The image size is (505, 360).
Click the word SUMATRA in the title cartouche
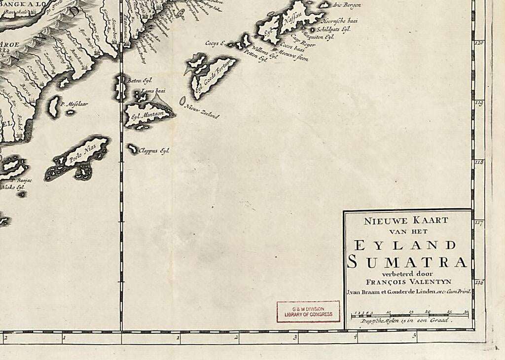pyautogui.click(x=407, y=262)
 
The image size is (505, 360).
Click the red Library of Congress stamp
pyautogui.click(x=308, y=311)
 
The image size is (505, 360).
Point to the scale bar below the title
pyautogui.click(x=409, y=314)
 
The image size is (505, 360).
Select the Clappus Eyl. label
pyautogui.click(x=154, y=150)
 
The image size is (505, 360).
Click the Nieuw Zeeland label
pyautogui.click(x=202, y=112)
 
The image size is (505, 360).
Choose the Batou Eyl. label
pyautogui.click(x=140, y=80)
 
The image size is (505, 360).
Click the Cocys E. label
pyautogui.click(x=215, y=43)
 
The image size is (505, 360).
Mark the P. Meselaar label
pyautogui.click(x=74, y=104)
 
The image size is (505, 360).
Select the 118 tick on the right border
pyautogui.click(x=478, y=162)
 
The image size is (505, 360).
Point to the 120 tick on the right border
pyautogui.click(x=478, y=43)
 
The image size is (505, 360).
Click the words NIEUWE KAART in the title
pyautogui.click(x=406, y=221)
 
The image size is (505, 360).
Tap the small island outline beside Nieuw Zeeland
pyautogui.click(x=182, y=101)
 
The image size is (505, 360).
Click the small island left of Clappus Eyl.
pyautogui.click(x=132, y=148)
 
